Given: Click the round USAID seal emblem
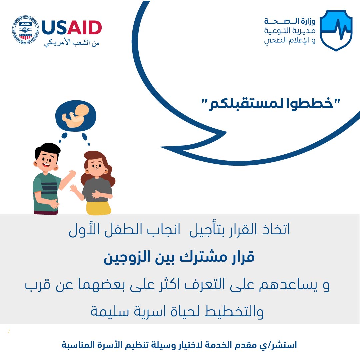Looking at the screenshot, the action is [25, 30].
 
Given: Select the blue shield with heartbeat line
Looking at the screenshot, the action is [336, 30].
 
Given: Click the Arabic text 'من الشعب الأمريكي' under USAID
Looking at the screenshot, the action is [72, 43].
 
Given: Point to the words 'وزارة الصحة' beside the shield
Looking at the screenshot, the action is [290, 21].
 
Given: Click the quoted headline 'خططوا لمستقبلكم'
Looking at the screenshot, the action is [271, 104].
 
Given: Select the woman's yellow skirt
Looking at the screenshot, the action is [98, 208].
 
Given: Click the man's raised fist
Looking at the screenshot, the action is [73, 173].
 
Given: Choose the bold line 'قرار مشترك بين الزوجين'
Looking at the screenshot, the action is [179, 257].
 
